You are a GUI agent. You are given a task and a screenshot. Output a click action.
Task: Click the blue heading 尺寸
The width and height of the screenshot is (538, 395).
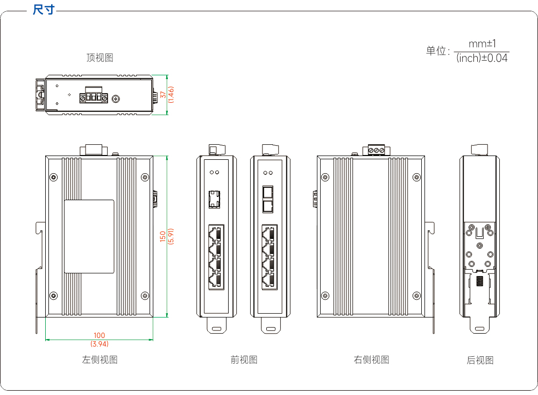[x=44, y=10]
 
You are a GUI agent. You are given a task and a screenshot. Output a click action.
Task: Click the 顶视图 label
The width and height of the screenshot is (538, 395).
[x=100, y=58]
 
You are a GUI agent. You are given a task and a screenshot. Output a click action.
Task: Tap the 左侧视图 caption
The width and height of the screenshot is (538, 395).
[x=100, y=359]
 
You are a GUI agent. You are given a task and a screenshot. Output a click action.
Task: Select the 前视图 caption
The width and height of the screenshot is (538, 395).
[x=244, y=359]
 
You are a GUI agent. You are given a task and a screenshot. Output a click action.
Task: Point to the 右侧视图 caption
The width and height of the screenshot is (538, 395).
[x=372, y=359]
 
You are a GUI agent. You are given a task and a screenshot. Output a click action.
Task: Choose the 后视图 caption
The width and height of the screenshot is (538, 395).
[x=480, y=360]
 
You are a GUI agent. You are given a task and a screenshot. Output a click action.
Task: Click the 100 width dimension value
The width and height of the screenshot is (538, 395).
[x=100, y=335]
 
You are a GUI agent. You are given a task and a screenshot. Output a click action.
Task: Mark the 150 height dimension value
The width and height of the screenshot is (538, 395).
[x=163, y=236]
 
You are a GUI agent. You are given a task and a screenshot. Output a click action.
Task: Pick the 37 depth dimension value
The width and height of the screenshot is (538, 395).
[x=163, y=94]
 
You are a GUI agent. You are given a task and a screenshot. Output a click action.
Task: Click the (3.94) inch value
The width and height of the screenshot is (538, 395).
[x=100, y=343]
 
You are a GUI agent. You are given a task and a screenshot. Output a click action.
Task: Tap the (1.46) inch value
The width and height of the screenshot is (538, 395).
[x=171, y=94]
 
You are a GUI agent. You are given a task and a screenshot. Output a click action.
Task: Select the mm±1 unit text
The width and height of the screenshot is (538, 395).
[x=482, y=44]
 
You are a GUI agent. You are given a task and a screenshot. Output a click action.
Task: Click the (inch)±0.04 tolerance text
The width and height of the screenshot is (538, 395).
[x=482, y=58]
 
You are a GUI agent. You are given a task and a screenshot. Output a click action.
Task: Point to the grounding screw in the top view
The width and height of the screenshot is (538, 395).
[x=116, y=99]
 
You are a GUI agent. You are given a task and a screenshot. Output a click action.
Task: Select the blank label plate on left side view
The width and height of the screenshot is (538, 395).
[x=89, y=236]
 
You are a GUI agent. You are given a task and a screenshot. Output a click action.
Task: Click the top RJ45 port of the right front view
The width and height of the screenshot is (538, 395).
[x=270, y=234]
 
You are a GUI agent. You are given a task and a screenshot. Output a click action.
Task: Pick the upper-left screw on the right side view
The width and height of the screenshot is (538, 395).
[x=325, y=177]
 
